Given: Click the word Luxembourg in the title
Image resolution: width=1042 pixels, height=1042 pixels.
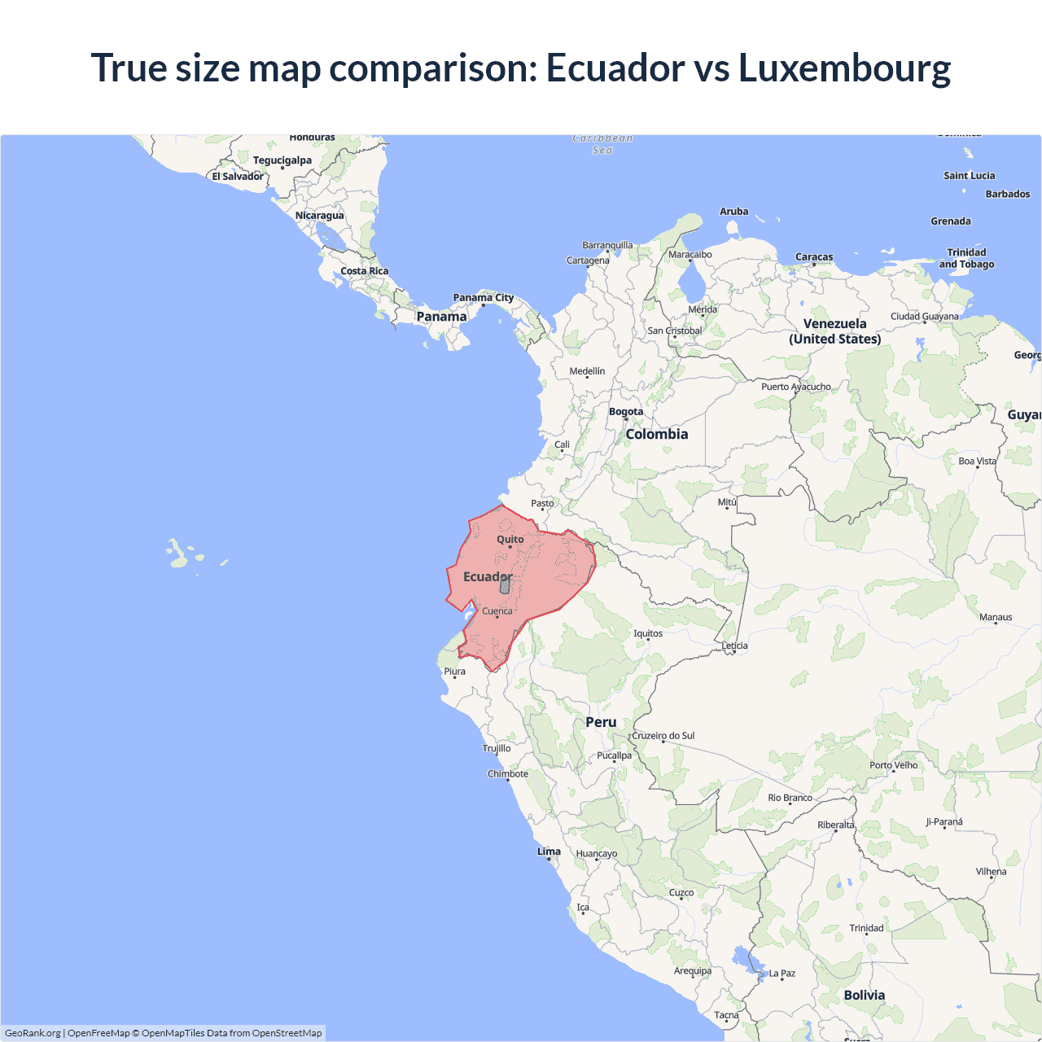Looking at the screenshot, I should click(x=844, y=68).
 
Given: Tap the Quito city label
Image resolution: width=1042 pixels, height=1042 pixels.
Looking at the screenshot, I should click(x=510, y=540).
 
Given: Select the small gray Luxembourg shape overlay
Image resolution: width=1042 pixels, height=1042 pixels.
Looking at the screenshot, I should click(x=505, y=584).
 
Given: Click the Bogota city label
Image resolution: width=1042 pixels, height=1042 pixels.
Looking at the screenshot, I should click(x=626, y=412).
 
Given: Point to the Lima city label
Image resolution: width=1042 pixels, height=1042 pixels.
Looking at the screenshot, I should click(x=549, y=852).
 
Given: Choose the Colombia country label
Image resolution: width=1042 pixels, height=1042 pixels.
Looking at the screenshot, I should click(x=657, y=435).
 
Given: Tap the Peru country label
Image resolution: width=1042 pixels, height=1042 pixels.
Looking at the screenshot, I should click(x=601, y=722).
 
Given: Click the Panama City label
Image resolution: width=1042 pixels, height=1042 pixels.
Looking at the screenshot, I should click(x=484, y=298).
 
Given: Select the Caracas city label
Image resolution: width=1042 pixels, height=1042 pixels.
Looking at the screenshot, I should click(x=814, y=257).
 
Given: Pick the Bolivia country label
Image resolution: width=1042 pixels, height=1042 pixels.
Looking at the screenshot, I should click(x=864, y=995).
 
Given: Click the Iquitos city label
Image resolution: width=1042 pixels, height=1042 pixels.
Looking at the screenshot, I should click(x=648, y=633).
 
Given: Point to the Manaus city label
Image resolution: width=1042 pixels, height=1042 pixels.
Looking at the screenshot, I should click(x=996, y=617).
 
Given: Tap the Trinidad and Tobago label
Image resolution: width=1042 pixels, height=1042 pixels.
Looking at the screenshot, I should click(x=966, y=258).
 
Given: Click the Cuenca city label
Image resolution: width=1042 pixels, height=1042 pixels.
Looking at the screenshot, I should click(x=497, y=611).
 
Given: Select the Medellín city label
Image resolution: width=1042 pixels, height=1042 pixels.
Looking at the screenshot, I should click(x=587, y=371).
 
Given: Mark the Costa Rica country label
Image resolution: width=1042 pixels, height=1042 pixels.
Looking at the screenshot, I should click(x=364, y=271).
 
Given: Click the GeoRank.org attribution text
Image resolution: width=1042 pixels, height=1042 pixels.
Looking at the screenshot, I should click(x=33, y=1033).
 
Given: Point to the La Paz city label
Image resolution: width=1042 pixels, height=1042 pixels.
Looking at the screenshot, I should click(x=781, y=974).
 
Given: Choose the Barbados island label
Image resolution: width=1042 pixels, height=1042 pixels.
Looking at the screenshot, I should click(x=1007, y=194).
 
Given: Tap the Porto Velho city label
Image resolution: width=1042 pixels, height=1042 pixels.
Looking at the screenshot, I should click(x=893, y=765).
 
